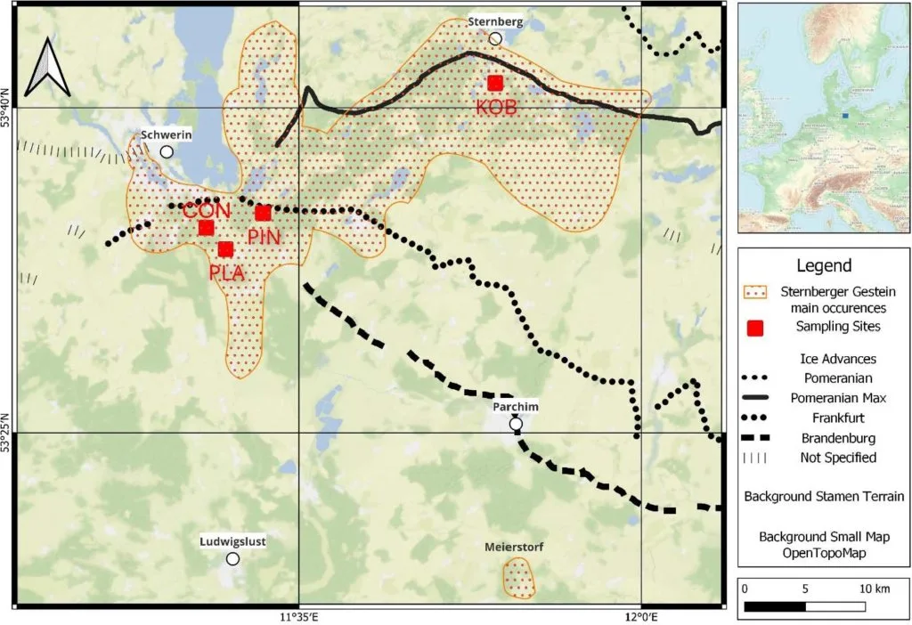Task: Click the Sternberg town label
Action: (495, 21)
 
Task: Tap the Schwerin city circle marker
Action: (167, 151)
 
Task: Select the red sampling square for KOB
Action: (495, 83)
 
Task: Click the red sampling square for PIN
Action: (263, 213)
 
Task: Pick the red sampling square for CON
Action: (206, 228)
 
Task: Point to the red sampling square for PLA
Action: (225, 249)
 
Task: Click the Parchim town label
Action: (515, 406)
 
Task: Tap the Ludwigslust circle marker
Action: (232, 558)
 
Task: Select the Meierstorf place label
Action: (515, 546)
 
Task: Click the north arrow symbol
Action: (47, 69)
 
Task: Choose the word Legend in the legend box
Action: (824, 265)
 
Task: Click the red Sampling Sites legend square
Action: (756, 328)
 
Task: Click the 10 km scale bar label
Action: (875, 589)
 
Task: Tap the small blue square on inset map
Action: (844, 115)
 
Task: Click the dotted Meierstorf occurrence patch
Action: (518, 579)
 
